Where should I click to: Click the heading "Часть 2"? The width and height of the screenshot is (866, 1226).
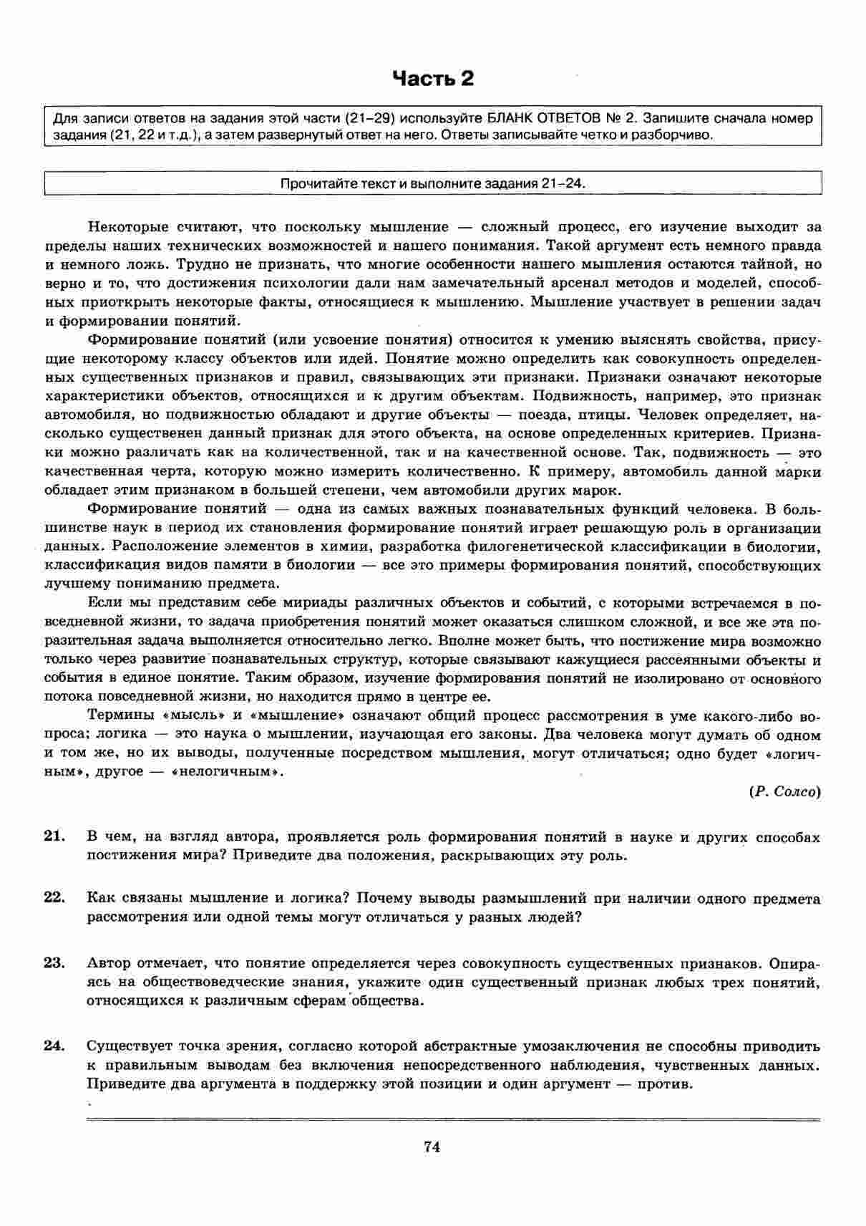tap(433, 78)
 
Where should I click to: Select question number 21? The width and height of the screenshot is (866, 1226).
tap(54, 836)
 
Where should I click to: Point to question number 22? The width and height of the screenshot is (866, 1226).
tap(54, 897)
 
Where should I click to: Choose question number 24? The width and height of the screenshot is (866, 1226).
tap(54, 1045)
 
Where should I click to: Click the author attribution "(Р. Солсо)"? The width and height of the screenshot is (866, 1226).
tap(784, 791)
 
